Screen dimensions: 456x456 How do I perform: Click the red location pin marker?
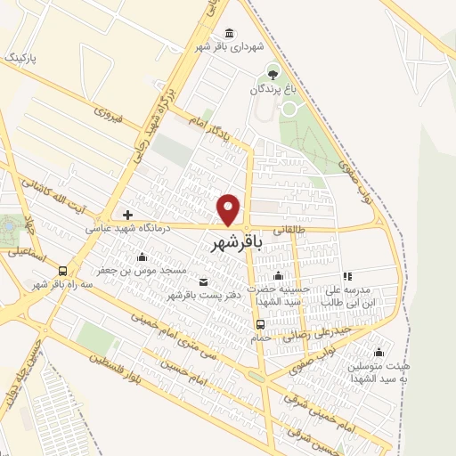click(x=230, y=209)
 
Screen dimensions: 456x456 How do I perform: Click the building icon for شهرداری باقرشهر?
click(x=231, y=33)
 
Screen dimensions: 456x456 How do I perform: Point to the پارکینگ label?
click(x=24, y=57)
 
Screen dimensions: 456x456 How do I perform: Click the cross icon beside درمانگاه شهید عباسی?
click(x=128, y=215)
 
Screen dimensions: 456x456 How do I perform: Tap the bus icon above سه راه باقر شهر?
click(x=62, y=271)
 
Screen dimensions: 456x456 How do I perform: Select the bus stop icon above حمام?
click(x=261, y=324)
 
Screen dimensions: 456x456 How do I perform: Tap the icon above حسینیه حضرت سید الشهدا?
click(x=278, y=275)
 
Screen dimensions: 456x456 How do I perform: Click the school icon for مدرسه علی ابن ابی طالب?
click(x=347, y=276)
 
